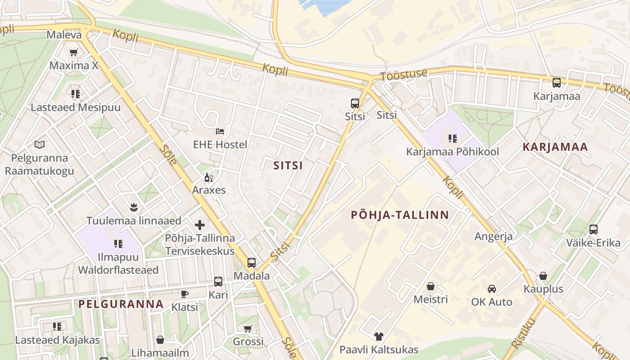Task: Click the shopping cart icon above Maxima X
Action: pos(73,53)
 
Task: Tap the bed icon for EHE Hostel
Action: pos(220,131)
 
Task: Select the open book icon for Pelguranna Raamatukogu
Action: pos(40,145)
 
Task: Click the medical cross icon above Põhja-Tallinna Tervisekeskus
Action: pos(200,225)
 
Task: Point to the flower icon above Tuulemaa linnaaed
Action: pos(134,207)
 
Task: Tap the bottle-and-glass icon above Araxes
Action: pos(208,177)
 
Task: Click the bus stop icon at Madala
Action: pos(252,263)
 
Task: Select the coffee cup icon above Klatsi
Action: pos(184,294)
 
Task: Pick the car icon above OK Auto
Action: pos(491,288)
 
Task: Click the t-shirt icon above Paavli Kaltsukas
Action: pos(378,336)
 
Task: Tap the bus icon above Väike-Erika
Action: pos(593,229)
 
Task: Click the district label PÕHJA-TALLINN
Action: pos(400,215)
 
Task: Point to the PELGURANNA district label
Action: pos(121,304)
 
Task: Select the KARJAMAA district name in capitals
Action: pos(556,147)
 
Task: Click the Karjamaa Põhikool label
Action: pos(453,152)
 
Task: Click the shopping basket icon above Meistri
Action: pos(431,286)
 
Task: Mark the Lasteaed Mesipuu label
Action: pos(76,108)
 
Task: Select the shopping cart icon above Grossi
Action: pos(247,329)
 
